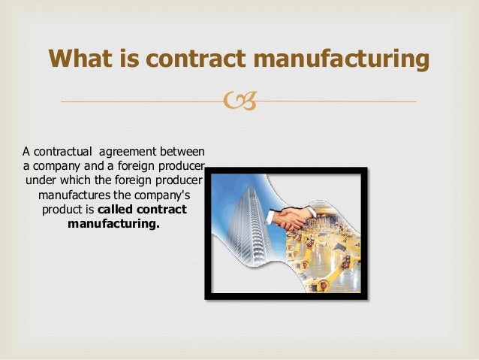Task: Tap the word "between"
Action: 184,153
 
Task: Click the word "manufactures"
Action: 71,195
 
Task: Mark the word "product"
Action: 63,210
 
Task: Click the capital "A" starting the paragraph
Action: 26,153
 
